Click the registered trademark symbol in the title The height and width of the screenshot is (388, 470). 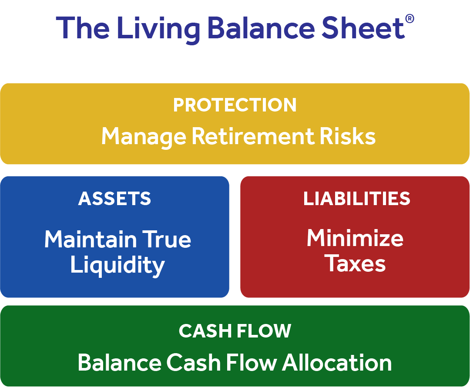point(410,19)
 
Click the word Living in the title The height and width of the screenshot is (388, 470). point(158,30)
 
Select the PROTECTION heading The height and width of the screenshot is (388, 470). point(235,105)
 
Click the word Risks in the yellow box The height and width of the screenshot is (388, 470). point(347,136)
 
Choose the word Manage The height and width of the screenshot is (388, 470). point(144,138)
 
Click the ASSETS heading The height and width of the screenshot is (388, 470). point(114,198)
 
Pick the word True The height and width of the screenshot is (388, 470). point(166,239)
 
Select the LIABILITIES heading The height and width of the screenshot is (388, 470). point(357,198)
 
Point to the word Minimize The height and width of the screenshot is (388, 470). point(355,238)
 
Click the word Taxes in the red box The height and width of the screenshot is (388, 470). point(356,263)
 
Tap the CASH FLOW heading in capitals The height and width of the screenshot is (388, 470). point(235,331)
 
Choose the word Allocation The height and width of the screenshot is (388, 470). point(337,362)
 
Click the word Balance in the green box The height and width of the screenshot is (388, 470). point(120,362)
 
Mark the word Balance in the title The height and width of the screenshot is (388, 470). point(261,28)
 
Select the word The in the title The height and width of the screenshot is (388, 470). point(83,28)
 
